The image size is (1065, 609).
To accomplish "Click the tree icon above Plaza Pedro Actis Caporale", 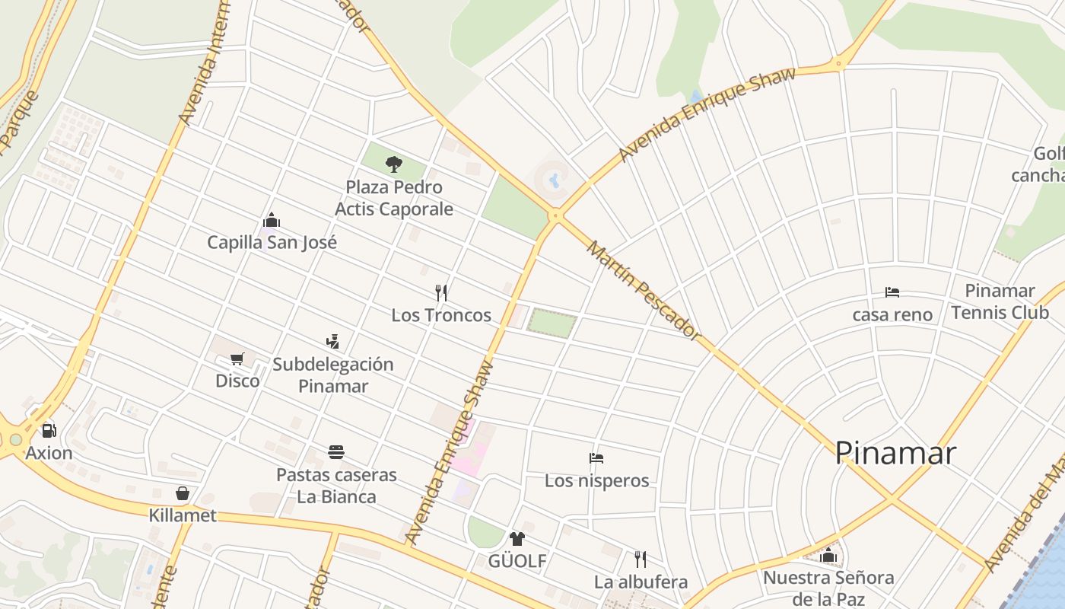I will click(x=393, y=164).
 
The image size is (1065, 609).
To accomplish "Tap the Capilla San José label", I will click(x=272, y=242).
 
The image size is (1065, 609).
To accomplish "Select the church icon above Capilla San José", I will click(x=272, y=221).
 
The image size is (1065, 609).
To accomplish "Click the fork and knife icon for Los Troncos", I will click(x=441, y=292).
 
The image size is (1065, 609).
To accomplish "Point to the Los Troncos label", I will click(x=441, y=315).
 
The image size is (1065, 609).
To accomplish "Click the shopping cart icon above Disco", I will click(x=237, y=358).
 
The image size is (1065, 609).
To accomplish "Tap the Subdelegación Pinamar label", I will click(x=333, y=375).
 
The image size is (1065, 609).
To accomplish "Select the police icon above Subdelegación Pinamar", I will click(x=332, y=341).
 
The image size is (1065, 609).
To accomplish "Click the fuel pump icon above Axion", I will click(x=49, y=431).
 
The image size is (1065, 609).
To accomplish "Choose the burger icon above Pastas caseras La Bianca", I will click(x=337, y=452).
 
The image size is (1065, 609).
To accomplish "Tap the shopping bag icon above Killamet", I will click(x=183, y=493).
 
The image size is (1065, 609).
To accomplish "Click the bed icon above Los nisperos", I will click(x=596, y=458).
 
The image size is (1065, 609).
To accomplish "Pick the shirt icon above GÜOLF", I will click(x=517, y=539).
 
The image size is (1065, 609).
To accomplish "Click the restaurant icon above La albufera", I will click(x=641, y=560).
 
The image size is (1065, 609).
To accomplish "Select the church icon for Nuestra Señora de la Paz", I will click(x=828, y=555).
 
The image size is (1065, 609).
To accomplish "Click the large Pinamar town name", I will click(x=895, y=453).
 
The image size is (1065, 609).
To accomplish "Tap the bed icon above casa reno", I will click(x=892, y=292).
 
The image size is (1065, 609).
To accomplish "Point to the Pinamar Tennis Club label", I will click(x=1000, y=301).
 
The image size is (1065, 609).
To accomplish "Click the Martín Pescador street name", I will click(x=643, y=290).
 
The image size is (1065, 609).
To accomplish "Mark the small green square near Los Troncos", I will click(x=552, y=323).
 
